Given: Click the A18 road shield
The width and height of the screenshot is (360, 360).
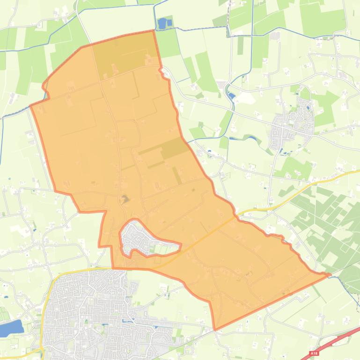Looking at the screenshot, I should (314, 353).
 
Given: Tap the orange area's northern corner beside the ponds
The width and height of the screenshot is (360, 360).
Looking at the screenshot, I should (153, 31).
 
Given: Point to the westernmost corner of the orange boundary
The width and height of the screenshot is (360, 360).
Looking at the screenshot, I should (30, 106).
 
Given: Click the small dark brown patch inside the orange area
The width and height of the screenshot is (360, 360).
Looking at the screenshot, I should (125, 199).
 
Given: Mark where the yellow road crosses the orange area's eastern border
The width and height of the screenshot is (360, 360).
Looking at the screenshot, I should (235, 216).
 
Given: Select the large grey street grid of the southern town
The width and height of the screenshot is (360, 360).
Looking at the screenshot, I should (89, 313).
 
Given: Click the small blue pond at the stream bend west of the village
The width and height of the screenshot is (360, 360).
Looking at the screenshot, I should (232, 96).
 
